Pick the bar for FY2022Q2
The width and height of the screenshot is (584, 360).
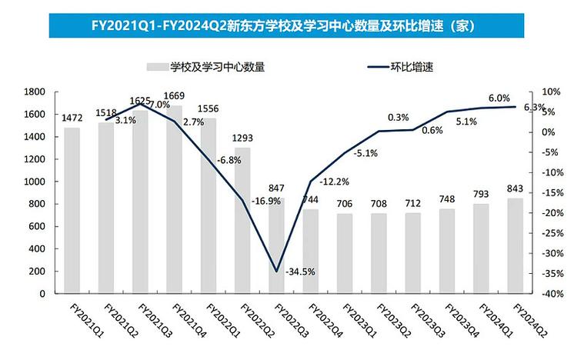pyautogui.click(x=243, y=220)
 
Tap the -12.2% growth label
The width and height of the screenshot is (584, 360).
pyautogui.click(x=332, y=182)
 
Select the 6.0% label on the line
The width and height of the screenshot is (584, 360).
pyautogui.click(x=478, y=98)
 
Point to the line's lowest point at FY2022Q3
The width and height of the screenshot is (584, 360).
pyautogui.click(x=277, y=271)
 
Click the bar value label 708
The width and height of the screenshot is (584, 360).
pyautogui.click(x=379, y=204)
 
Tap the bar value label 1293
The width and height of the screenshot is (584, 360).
pyautogui.click(x=242, y=138)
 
